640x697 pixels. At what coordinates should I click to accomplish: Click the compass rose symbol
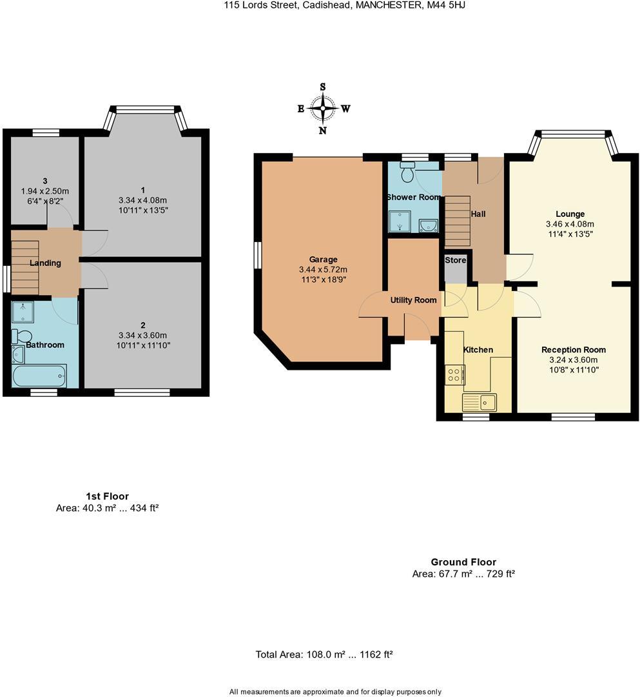click(x=323, y=108)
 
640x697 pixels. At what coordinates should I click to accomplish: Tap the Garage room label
click(x=323, y=259)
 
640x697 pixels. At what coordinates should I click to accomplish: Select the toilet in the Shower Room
click(x=407, y=172)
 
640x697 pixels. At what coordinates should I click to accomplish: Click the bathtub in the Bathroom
click(x=39, y=376)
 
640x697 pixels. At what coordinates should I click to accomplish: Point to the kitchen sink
click(x=480, y=402)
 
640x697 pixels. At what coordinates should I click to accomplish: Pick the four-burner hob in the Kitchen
click(x=455, y=375)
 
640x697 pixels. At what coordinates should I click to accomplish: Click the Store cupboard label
click(x=456, y=260)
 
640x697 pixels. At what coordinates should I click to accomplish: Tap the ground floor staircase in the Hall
click(x=457, y=221)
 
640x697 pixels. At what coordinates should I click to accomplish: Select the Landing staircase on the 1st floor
click(x=25, y=268)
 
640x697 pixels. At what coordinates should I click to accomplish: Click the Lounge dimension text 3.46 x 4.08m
click(x=570, y=224)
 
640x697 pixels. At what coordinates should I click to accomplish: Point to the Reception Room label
click(x=574, y=350)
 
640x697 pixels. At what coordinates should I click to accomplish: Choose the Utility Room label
click(x=413, y=300)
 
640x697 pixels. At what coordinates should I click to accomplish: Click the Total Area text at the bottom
click(x=324, y=654)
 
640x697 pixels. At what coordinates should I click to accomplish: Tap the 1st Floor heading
click(x=108, y=496)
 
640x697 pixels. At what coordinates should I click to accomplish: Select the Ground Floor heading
click(x=463, y=562)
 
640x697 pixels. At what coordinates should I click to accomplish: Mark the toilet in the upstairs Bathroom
click(x=21, y=336)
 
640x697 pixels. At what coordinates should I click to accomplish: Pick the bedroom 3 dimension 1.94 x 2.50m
click(x=45, y=191)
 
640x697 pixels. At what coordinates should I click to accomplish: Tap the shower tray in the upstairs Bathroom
click(x=22, y=312)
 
